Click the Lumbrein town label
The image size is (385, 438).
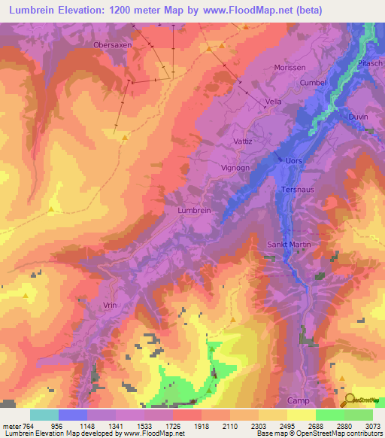[194, 211]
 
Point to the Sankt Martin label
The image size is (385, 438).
[289, 245]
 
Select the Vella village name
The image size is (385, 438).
[272, 101]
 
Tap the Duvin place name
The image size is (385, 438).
[358, 117]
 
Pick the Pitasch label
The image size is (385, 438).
[370, 63]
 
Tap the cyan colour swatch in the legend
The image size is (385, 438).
[44, 415]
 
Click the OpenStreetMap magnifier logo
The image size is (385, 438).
[351, 401]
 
